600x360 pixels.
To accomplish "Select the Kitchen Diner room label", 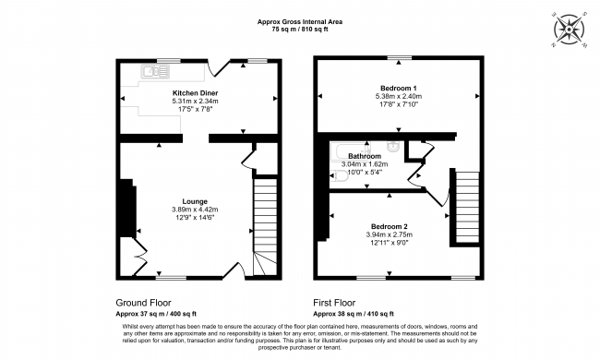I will tap(195, 93).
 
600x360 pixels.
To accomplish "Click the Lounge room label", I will tap(195, 201).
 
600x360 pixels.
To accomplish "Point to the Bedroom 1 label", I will tap(399, 88).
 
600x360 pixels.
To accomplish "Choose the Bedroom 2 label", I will tap(390, 226).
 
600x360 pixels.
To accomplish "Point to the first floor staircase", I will tap(466, 207).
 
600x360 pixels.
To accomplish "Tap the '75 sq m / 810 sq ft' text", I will tap(299, 30).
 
